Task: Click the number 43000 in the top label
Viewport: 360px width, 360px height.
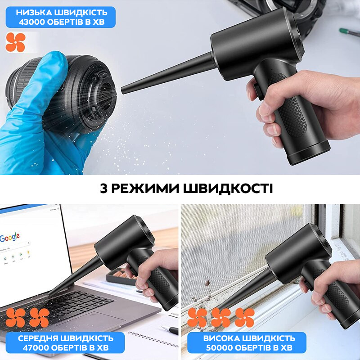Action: coord(32,21)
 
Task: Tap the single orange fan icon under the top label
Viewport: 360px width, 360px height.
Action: coord(16,42)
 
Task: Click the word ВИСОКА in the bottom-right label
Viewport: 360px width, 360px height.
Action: coord(218,338)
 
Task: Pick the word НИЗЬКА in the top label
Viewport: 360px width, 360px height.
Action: coord(35,12)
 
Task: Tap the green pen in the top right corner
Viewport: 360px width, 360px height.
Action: coord(349,32)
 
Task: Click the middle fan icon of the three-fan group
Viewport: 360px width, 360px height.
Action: coord(220,317)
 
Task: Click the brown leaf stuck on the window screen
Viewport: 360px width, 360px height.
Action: coord(208,283)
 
